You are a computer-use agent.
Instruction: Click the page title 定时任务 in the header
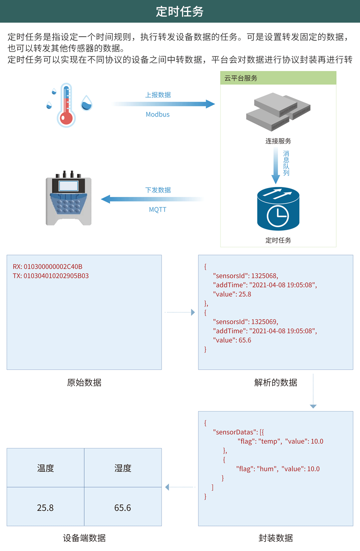point(180,12)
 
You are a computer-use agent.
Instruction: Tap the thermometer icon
point(66,105)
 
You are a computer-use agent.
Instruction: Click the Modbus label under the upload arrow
point(158,114)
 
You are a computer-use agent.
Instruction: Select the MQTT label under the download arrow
point(158,210)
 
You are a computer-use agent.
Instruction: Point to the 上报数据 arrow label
point(158,95)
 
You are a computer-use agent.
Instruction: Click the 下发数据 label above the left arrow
point(158,190)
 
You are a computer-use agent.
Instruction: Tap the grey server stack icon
point(278,112)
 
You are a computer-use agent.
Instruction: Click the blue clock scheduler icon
point(278,209)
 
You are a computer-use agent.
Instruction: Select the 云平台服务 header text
point(241,78)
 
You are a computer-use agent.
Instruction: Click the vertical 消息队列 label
point(286,163)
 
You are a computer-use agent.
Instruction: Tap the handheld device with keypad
point(69,199)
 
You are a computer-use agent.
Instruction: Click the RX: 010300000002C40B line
point(48,267)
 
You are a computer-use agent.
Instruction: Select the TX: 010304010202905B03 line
point(51,276)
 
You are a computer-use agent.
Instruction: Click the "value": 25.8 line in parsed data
point(232,294)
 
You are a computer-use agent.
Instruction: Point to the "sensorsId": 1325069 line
point(245,322)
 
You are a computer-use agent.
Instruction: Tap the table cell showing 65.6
point(123,507)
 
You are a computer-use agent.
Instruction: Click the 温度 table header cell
point(45,468)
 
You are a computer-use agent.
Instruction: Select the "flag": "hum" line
point(278,469)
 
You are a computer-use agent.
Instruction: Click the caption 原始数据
point(84,382)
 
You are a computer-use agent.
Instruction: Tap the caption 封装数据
point(276,538)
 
